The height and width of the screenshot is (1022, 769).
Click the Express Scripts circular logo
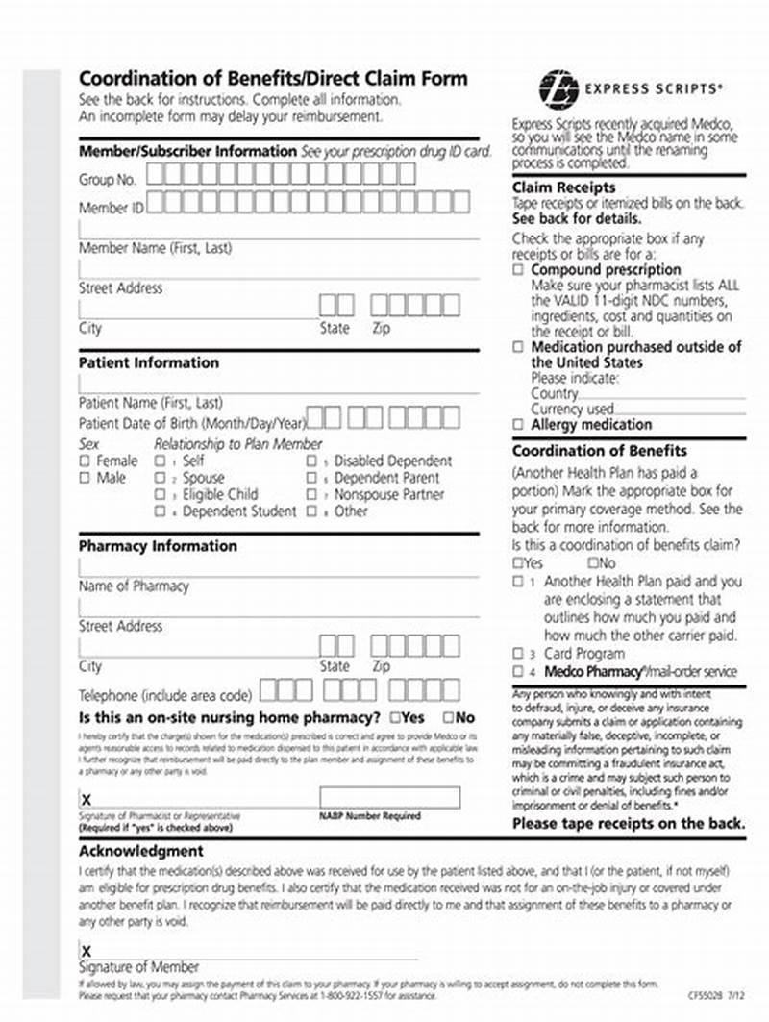tap(558, 89)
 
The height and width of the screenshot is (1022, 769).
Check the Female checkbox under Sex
tap(85, 461)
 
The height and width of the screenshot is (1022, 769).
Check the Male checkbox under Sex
tap(85, 477)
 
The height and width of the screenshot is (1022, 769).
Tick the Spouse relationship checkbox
tap(160, 478)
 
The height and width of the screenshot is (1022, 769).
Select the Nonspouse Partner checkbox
tap(311, 494)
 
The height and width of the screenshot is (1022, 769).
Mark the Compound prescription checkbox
tap(519, 271)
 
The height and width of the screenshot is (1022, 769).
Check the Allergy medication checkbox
tap(519, 424)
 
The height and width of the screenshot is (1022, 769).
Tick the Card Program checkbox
tap(519, 654)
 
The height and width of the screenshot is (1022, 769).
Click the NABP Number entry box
tap(389, 798)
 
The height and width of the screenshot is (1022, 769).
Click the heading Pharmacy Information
tap(158, 546)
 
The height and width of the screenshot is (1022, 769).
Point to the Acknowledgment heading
tap(141, 851)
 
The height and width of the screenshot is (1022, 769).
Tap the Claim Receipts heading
tap(563, 187)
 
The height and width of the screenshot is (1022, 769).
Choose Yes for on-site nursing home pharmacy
tap(395, 718)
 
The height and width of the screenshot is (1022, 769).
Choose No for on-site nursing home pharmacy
tap(448, 718)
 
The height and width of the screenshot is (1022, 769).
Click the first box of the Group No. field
tap(156, 174)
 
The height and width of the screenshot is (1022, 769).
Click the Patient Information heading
tap(149, 363)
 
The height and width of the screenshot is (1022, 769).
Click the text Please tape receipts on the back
tap(628, 824)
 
